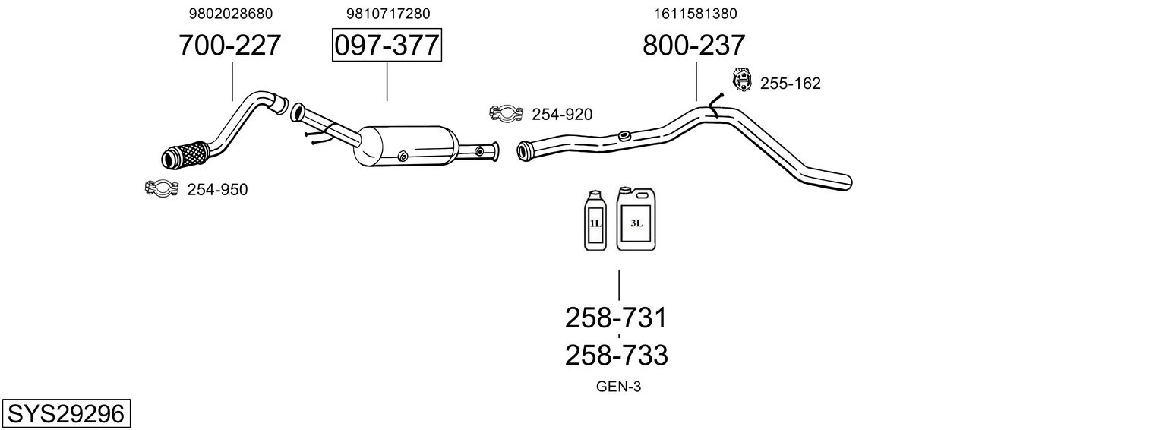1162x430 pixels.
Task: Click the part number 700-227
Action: coord(229,46)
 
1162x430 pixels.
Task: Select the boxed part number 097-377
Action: coord(387,46)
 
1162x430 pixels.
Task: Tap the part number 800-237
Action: coord(693,46)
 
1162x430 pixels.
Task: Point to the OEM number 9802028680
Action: coord(230,14)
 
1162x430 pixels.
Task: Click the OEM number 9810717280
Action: coord(387,14)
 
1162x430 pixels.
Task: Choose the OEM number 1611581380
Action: coord(695,14)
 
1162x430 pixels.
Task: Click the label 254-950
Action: coord(217,190)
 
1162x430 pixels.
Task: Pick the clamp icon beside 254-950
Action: coord(160,187)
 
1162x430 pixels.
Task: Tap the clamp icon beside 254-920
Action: coord(506,113)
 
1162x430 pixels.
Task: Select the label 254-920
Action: coord(562,115)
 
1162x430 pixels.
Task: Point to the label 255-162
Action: coord(790,84)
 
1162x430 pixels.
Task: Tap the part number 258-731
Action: coord(616,318)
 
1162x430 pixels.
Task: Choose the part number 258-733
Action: coord(616,355)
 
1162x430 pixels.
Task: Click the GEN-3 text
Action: coord(618,387)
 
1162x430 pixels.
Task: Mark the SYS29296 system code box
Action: coord(65,414)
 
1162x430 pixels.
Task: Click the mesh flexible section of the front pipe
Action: coord(186,154)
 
